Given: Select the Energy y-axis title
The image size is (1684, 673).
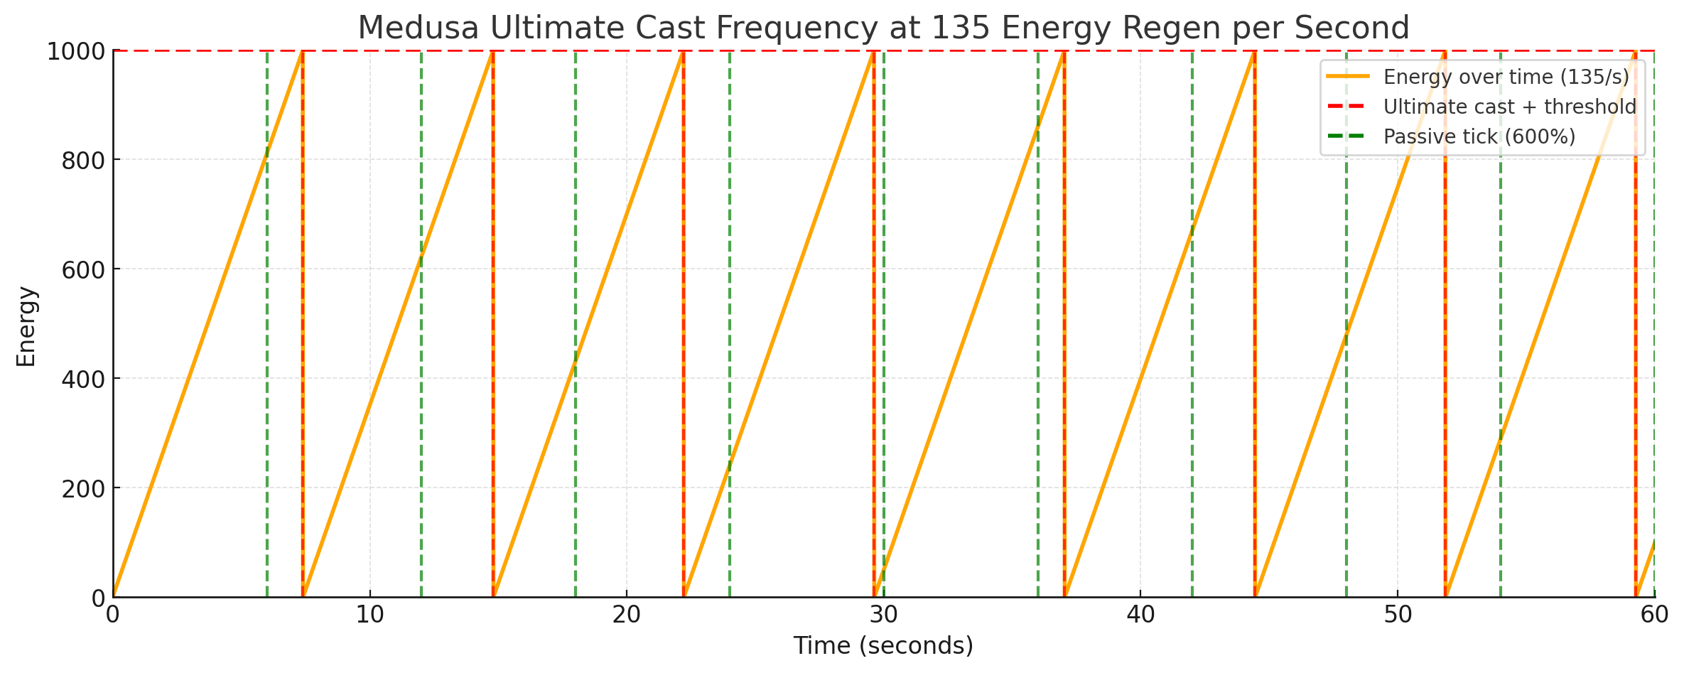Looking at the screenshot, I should (x=26, y=326).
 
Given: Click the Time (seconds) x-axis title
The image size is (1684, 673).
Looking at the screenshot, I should (x=883, y=645).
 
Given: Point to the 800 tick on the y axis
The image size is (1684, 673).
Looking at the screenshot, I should (x=83, y=160).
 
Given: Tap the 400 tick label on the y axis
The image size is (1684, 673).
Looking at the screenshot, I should (x=83, y=379).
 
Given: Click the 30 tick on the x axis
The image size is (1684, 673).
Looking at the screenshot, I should (x=883, y=615).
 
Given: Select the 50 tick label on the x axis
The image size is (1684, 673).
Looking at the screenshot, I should (x=1398, y=615).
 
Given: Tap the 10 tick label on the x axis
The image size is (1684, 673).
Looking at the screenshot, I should (x=369, y=615).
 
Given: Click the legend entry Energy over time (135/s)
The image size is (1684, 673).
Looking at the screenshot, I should (x=1506, y=77).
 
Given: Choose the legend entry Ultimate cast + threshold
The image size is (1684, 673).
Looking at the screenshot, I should (x=1509, y=107).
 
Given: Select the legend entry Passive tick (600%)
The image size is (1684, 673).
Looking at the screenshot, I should (x=1479, y=136).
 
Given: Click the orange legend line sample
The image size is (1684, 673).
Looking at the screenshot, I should (x=1348, y=77).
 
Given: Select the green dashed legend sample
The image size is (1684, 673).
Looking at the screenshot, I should (x=1348, y=136).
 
